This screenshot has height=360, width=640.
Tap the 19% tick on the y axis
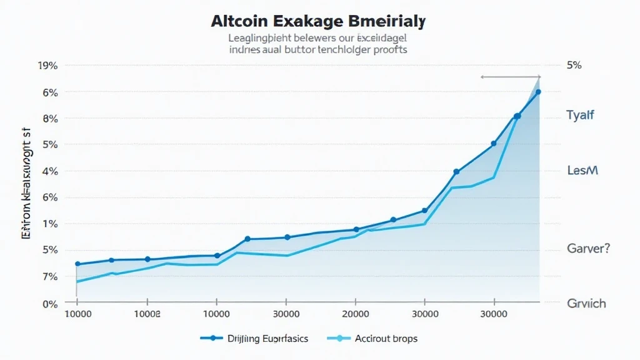(x=48, y=66)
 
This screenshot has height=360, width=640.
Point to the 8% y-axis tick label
(x=50, y=119)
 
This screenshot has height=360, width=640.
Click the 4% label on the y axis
(x=50, y=171)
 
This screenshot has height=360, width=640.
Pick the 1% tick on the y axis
(x=50, y=224)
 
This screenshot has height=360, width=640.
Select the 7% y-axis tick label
(x=50, y=276)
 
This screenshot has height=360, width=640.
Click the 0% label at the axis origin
(x=50, y=304)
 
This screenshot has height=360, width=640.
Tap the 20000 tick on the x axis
(x=355, y=314)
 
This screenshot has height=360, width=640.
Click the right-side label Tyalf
(x=580, y=115)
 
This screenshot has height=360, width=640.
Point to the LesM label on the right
(x=582, y=170)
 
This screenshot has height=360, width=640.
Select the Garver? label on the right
(x=588, y=249)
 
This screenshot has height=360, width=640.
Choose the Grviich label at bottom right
(x=586, y=304)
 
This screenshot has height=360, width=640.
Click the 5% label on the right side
(x=574, y=66)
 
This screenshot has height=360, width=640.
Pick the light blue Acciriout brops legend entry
(x=372, y=338)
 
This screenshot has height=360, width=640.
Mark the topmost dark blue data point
(x=537, y=92)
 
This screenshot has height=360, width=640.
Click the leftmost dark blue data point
(x=77, y=264)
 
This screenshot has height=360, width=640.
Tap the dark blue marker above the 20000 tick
(x=356, y=229)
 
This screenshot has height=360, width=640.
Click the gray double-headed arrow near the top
(x=510, y=77)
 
